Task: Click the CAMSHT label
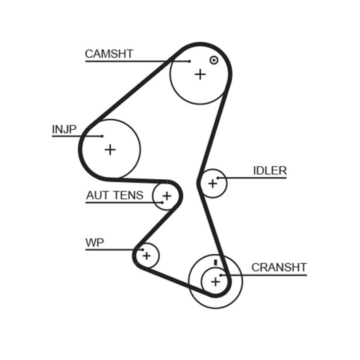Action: [109, 54]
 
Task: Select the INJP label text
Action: [64, 130]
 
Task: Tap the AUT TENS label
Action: [115, 195]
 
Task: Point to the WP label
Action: [94, 243]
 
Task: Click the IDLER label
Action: [270, 171]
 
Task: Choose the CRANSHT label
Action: [279, 267]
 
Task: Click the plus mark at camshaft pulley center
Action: [200, 74]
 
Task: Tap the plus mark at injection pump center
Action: [110, 149]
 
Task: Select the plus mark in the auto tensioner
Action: [167, 196]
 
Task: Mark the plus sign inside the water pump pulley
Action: [146, 256]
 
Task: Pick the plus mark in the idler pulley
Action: [212, 183]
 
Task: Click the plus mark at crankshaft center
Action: [216, 282]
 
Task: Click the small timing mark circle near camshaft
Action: [214, 60]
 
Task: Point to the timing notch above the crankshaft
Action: [216, 262]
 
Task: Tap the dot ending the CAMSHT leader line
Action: [189, 61]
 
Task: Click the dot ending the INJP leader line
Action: [103, 136]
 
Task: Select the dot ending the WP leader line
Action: [142, 250]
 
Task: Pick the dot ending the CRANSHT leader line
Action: [221, 274]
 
